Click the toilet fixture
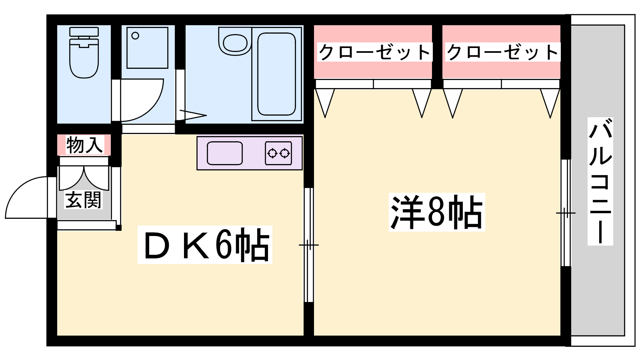click(x=84, y=52)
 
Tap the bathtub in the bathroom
click(x=276, y=74)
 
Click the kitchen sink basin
click(x=224, y=154)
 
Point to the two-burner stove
click(x=278, y=154)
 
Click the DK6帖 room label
click(x=205, y=245)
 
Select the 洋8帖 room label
click(x=436, y=212)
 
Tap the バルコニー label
click(x=600, y=181)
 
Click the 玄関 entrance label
click(x=83, y=200)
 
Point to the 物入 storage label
click(x=84, y=145)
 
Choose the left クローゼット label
click(x=374, y=52)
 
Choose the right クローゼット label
click(x=502, y=52)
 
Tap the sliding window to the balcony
click(x=566, y=213)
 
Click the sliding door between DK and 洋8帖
click(x=308, y=245)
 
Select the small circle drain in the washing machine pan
click(x=135, y=36)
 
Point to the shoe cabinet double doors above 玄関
click(x=84, y=178)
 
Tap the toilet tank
click(x=84, y=32)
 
